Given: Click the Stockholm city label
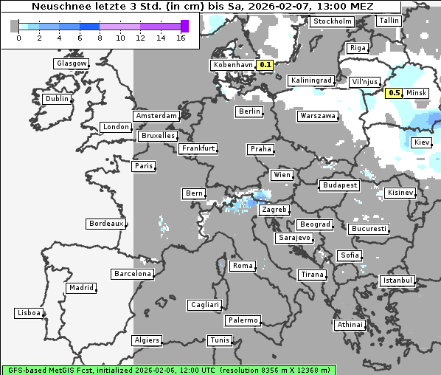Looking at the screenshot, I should click(x=332, y=21).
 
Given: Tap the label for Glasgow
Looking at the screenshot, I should click(x=72, y=63).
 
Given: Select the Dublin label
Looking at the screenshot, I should click(x=57, y=99).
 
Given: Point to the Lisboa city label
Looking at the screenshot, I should click(x=29, y=313).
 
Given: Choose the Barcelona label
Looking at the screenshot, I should click(x=133, y=274).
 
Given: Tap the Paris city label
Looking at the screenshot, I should click(x=144, y=166).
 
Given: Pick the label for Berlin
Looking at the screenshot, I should click(x=249, y=111).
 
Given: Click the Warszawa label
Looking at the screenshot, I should click(x=318, y=116).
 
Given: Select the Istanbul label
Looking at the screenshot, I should click(x=397, y=281).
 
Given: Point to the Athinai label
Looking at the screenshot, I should click(x=350, y=325).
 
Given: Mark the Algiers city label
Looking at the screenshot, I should click(x=146, y=340).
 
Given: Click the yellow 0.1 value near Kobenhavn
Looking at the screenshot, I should click(x=265, y=65).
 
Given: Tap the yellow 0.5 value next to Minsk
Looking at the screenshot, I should click(x=394, y=93).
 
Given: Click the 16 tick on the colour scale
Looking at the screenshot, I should click(x=181, y=37).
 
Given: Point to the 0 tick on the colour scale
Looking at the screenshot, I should click(x=18, y=37).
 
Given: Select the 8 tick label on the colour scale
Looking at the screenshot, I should click(x=100, y=37).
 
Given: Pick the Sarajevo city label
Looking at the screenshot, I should click(x=295, y=238).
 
